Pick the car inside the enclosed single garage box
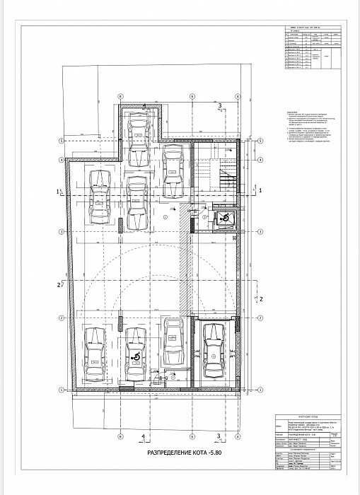click(x=212, y=353)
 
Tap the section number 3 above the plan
click(x=220, y=105)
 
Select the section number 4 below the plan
click(x=144, y=437)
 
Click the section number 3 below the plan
click(x=220, y=437)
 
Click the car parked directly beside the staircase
click(x=170, y=173)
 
